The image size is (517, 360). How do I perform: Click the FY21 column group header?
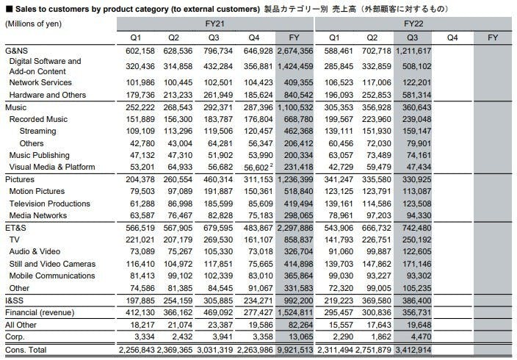(214, 24)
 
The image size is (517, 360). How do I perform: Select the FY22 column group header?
(413, 24)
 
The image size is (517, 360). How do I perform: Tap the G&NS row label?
(16, 51)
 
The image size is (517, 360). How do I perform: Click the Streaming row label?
(37, 131)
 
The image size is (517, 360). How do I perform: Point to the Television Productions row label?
(49, 204)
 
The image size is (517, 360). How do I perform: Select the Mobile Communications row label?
(52, 276)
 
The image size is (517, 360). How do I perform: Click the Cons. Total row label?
(26, 350)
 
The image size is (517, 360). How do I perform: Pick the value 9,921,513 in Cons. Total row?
(295, 350)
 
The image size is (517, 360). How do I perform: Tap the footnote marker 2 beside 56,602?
(272, 165)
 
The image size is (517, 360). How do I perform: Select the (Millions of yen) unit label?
(33, 24)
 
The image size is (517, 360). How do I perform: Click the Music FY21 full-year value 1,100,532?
(295, 107)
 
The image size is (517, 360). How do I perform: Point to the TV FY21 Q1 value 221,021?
(140, 240)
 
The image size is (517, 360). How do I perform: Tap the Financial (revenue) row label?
(40, 312)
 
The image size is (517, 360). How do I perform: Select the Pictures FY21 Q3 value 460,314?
(218, 179)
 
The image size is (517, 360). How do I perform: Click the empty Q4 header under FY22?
(452, 37)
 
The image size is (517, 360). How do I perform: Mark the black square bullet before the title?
(9, 9)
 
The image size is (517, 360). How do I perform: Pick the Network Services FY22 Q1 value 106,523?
(339, 82)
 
